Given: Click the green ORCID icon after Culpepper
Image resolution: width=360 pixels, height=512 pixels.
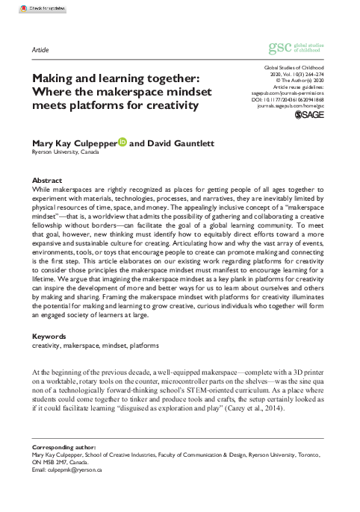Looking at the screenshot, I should [122, 139].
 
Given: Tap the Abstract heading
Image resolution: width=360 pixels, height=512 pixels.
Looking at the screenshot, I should [46, 181].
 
